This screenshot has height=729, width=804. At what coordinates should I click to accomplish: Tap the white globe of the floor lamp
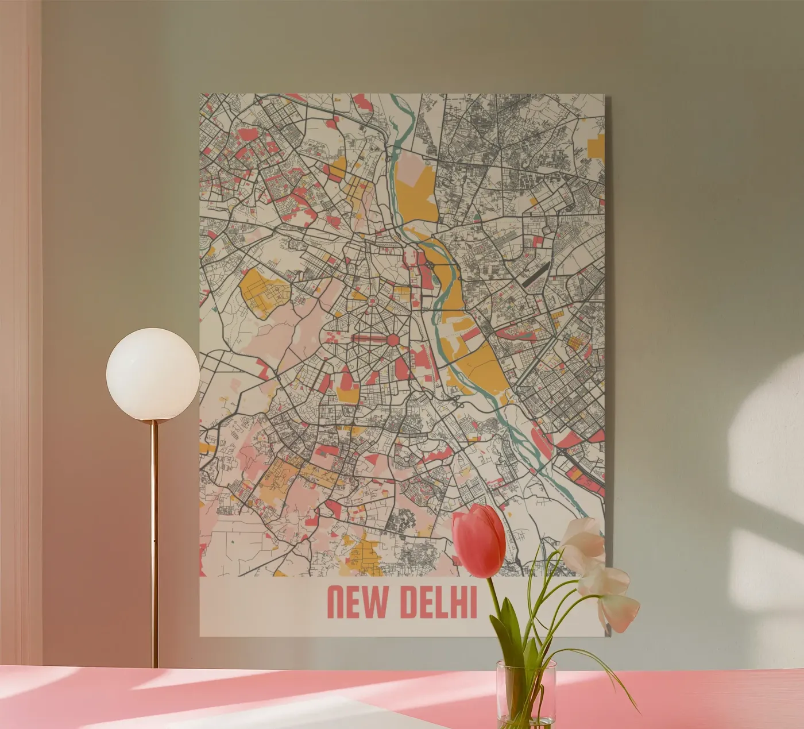click(x=153, y=374)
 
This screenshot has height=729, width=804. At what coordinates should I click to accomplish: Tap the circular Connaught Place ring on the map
click(x=371, y=300)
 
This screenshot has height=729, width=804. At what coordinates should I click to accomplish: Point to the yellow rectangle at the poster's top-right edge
click(x=598, y=147)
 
